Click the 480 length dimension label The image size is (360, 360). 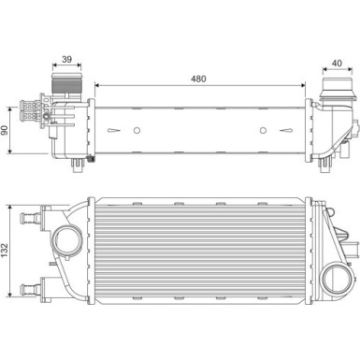pos(197,79)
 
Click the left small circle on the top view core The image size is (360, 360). pos(136,130)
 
